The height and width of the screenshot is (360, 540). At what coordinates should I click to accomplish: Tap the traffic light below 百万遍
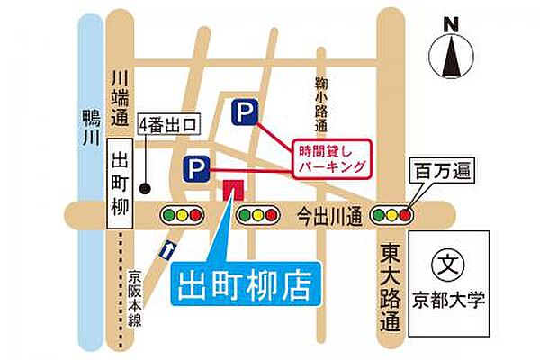coord(395,215)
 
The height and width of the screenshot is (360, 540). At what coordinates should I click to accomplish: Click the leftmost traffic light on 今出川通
coord(181,215)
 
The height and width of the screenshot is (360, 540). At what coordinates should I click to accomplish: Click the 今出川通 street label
coord(328,216)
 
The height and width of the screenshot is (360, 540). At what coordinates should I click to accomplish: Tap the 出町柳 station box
coord(120,184)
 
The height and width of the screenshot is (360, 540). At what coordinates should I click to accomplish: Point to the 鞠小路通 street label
coord(320,102)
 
